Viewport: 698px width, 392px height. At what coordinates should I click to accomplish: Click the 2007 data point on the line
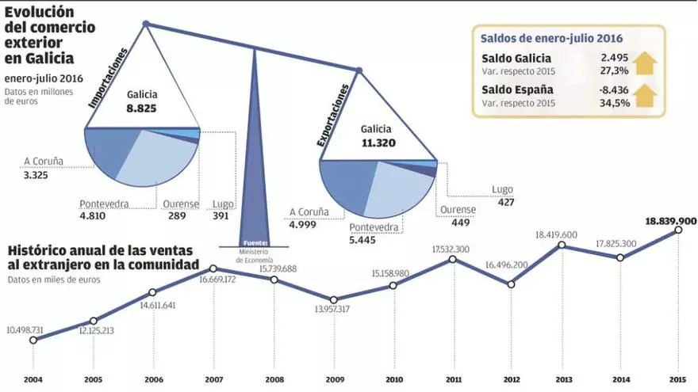point(213,269)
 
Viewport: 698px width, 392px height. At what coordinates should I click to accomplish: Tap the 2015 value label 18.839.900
point(671,221)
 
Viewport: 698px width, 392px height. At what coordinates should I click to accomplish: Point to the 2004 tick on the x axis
point(33,379)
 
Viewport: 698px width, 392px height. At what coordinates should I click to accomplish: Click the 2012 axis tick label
point(511,379)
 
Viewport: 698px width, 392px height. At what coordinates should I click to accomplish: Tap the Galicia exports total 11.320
point(378,143)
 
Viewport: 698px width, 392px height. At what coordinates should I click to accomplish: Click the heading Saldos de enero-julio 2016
point(552,37)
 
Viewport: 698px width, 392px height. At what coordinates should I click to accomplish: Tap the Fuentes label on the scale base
point(255,242)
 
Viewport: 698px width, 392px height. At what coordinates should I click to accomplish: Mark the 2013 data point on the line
point(562,245)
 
